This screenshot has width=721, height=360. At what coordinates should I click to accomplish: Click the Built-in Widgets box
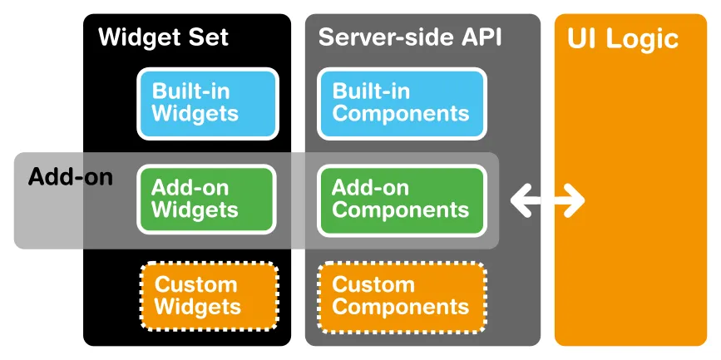click(x=206, y=103)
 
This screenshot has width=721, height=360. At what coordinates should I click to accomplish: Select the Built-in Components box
click(x=401, y=103)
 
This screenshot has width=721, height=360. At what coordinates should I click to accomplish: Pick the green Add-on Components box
click(x=401, y=200)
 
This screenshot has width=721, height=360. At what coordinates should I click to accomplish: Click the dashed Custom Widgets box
click(x=208, y=296)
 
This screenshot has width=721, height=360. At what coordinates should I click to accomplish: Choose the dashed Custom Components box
click(x=402, y=296)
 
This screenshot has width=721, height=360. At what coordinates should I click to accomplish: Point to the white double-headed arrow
click(x=547, y=200)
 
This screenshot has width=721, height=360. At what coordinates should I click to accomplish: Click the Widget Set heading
click(x=163, y=37)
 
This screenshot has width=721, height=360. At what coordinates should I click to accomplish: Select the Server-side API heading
click(x=410, y=37)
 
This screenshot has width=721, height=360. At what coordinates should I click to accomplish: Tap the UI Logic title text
click(x=623, y=38)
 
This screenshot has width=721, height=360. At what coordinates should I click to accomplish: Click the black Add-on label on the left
click(x=70, y=177)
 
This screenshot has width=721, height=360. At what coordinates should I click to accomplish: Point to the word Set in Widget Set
click(x=208, y=37)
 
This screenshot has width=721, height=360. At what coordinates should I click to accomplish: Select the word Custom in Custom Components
click(x=373, y=285)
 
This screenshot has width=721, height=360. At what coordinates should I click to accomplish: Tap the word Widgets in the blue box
click(x=195, y=114)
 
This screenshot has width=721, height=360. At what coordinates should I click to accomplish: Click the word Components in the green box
click(x=401, y=210)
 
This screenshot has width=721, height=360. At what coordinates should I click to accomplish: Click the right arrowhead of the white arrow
click(x=575, y=200)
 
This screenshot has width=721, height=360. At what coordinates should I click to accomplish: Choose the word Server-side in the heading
click(x=383, y=37)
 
